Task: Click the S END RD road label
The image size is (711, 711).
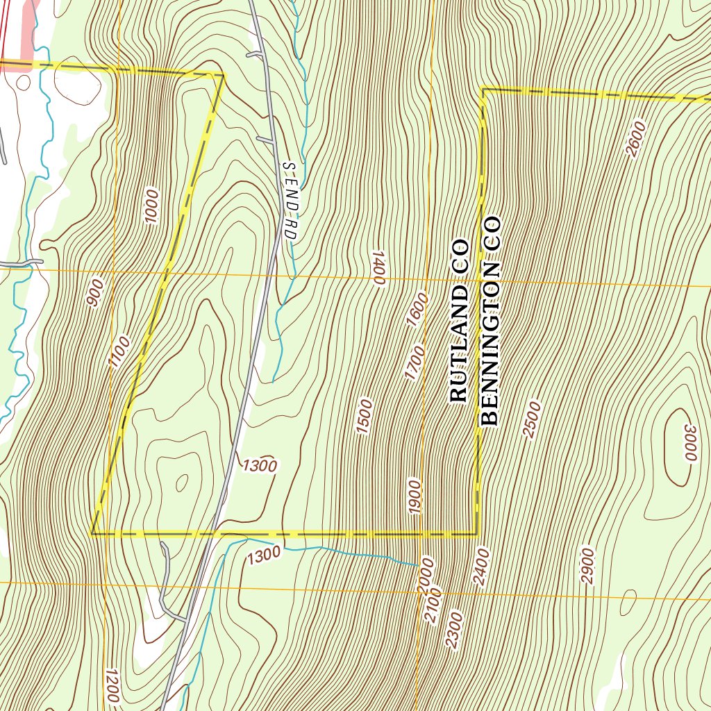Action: (290, 202)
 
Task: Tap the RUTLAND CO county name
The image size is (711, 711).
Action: (460, 321)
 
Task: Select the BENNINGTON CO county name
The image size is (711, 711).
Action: (490, 321)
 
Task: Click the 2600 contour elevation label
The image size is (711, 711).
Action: (636, 139)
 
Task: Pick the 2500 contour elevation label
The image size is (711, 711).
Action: (532, 419)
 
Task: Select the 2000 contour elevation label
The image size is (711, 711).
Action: (426, 575)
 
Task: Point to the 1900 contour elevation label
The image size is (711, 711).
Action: (415, 496)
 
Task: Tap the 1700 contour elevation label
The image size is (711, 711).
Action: (414, 363)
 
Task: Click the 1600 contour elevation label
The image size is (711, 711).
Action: (417, 310)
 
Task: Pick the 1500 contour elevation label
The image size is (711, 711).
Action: (365, 417)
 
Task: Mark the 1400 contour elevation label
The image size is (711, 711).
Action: (378, 267)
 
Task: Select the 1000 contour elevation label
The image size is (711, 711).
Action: (152, 206)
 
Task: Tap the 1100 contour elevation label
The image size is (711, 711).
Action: (119, 351)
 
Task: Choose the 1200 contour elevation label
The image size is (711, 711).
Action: (110, 686)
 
